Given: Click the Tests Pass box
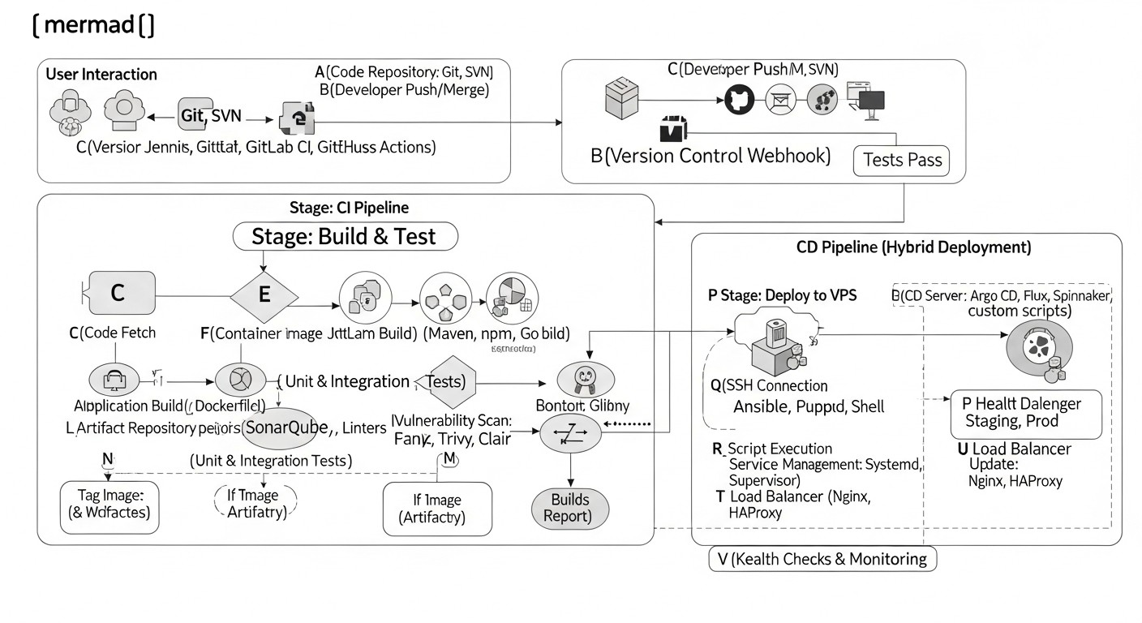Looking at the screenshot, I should click(902, 160).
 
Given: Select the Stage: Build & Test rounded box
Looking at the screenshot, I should click(345, 236).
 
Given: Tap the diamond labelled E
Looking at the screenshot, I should click(263, 294).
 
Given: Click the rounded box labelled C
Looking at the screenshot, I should click(118, 293).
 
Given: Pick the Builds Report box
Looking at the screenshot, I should click(569, 507).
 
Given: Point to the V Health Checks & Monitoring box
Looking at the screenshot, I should click(822, 558).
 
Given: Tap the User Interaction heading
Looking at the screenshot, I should click(101, 74).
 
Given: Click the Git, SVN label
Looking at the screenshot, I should click(211, 116).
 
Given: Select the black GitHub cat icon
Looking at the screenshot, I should click(738, 100).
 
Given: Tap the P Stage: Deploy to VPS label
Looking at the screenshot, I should click(782, 295).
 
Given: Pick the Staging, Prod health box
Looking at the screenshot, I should click(1025, 413).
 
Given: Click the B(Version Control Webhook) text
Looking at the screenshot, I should click(711, 156).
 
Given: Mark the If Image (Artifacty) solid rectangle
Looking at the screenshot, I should click(437, 509).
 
